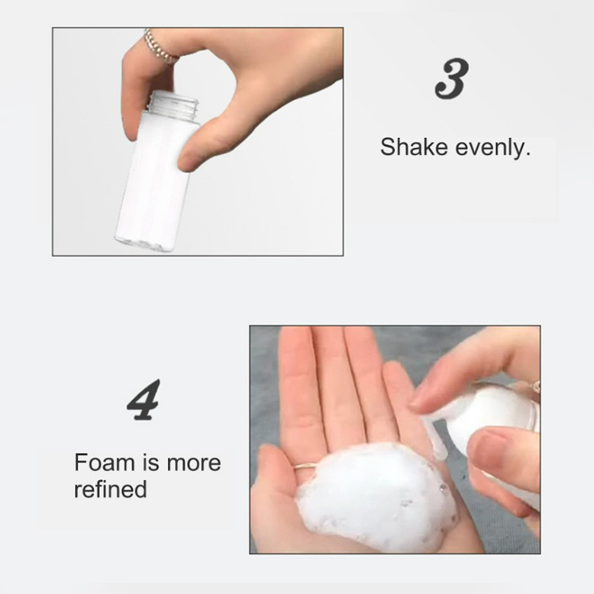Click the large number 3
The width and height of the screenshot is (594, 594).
coord(452,79)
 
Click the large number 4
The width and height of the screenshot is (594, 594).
coord(143,400)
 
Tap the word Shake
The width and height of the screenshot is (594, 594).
coord(414,147)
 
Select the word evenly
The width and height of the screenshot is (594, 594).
coord(493,148)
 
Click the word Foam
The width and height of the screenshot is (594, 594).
coord(104,462)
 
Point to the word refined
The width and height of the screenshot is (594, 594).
coord(110,489)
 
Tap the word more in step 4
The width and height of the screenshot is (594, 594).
coord(194,464)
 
